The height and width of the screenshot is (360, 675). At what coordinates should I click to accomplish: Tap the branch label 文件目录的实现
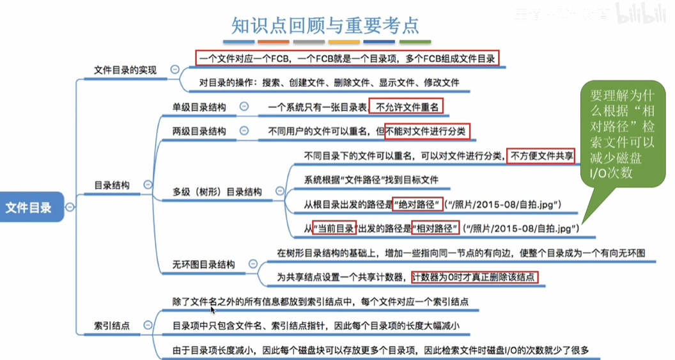125,70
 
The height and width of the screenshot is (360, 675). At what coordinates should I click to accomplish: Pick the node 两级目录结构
199,131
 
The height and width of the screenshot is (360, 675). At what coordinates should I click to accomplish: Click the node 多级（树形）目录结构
217,191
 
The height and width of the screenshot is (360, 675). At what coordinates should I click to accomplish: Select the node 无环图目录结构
203,264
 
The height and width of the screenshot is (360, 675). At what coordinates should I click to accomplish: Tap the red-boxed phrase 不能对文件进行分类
427,131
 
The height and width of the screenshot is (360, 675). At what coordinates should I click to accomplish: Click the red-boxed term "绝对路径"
418,205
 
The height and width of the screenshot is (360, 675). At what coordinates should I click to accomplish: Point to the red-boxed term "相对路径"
436,228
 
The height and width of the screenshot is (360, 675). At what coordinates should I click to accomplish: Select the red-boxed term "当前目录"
334,228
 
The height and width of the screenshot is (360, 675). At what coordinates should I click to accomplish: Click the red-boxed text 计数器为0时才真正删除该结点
475,277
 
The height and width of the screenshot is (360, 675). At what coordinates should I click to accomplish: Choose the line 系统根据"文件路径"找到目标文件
371,180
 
